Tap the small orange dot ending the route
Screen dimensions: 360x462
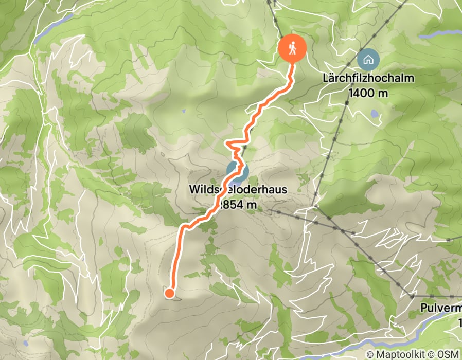(x=169, y=293)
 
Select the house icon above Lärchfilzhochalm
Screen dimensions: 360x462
(x=368, y=59)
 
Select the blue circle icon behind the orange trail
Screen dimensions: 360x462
(x=238, y=172)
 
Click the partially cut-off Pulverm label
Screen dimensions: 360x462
(x=440, y=309)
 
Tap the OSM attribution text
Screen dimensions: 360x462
(x=449, y=354)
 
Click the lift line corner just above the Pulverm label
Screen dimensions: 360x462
(x=412, y=296)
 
